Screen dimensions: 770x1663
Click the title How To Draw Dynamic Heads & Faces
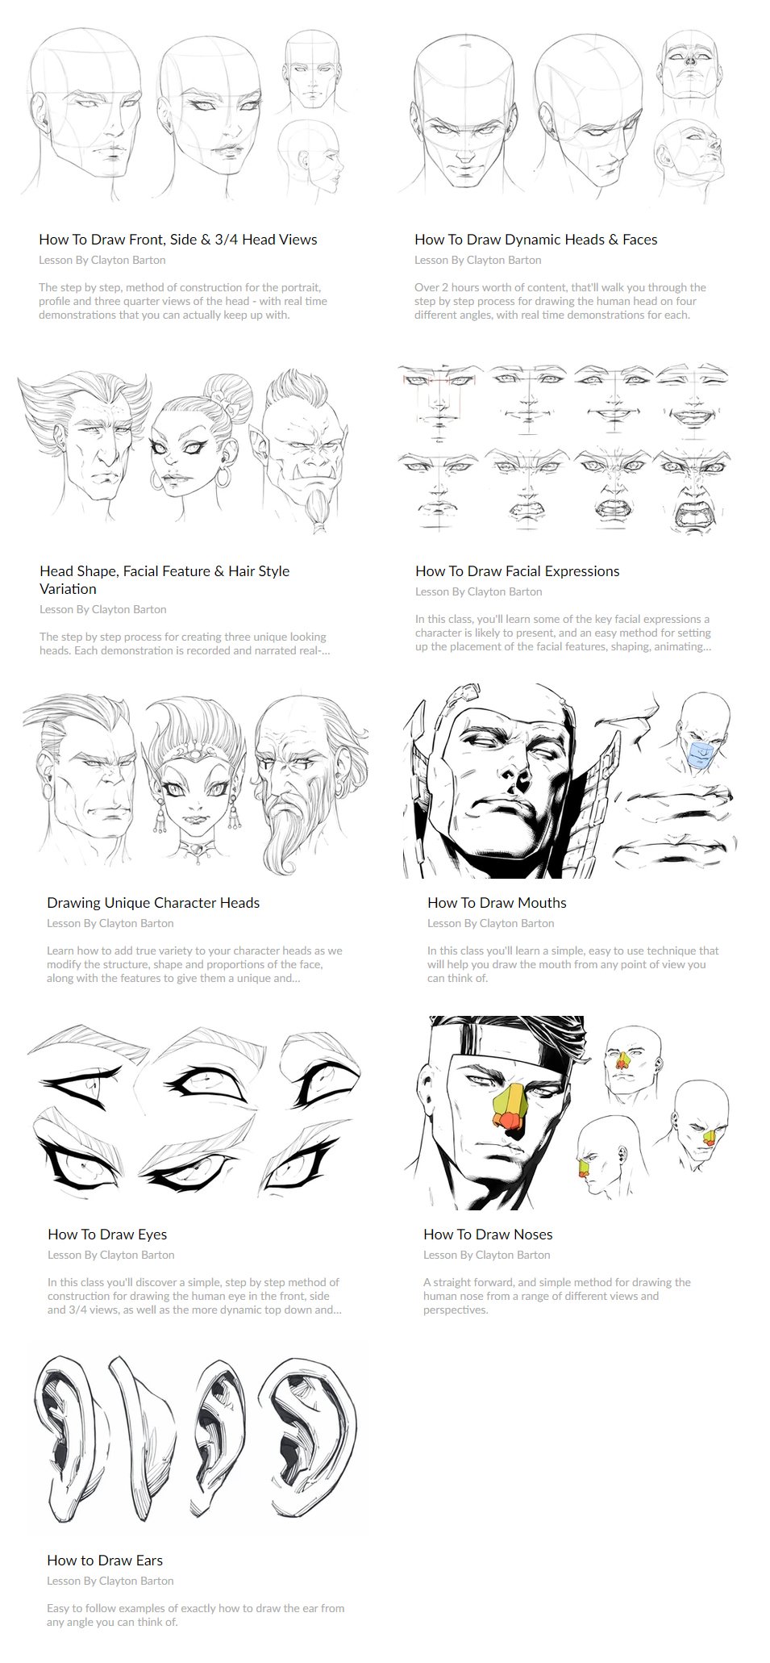536,240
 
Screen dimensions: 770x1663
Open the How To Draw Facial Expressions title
518,571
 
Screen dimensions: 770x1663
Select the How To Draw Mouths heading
497,903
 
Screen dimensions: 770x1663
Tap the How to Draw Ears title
105,1561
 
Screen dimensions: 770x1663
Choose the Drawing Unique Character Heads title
153,903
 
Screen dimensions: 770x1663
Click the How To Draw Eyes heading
107,1235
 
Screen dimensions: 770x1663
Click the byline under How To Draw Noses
487,1255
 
